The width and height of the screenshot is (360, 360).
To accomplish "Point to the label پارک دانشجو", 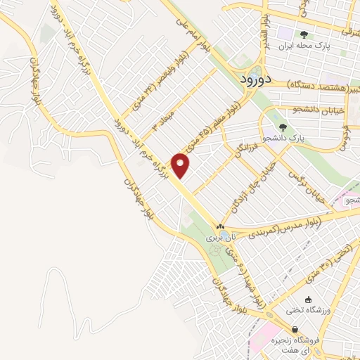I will click(x=283, y=139).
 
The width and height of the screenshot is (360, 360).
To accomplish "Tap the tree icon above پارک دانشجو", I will click(x=283, y=127).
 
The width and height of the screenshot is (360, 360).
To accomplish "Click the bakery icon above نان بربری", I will click(x=221, y=226).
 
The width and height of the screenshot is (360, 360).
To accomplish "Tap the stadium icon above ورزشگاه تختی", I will click(x=309, y=299).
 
